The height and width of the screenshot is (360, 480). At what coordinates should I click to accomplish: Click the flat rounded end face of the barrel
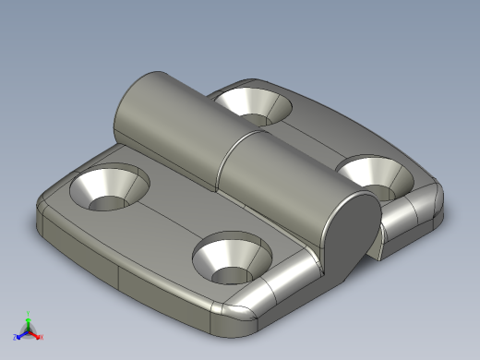[x=356, y=235]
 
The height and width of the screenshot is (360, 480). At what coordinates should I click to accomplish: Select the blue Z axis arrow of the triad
[x=19, y=335]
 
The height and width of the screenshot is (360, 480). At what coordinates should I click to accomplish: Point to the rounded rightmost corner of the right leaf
[x=434, y=198]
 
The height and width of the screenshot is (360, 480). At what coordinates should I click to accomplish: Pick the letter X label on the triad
[x=42, y=339]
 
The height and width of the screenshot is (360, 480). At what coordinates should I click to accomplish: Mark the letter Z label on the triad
[x=14, y=338]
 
